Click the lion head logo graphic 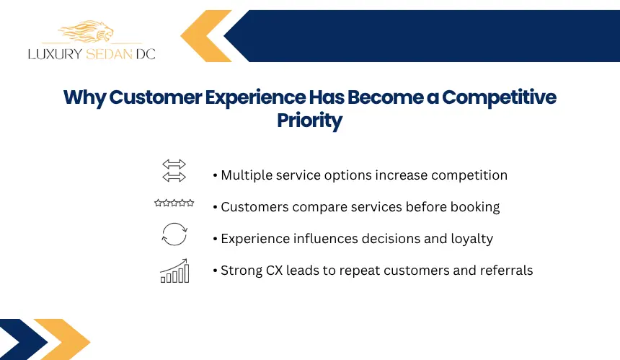pos(86,31)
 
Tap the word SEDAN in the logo pos(109,54)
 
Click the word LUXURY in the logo pos(55,54)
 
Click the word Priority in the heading pos(309,120)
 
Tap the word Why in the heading pos(84,97)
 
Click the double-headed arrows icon pos(174,170)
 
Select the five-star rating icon pos(174,203)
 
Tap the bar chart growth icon pos(174,271)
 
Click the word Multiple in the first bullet pos(247,175)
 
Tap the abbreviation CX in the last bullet pos(274,271)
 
